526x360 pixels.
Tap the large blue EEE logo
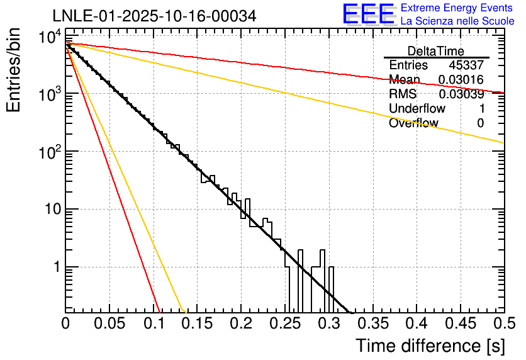pos(368,14)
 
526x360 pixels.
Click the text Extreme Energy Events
pos(457,8)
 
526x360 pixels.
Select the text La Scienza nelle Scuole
pos(457,21)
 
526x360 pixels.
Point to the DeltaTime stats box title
pos(436,51)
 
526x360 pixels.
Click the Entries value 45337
pos(466,65)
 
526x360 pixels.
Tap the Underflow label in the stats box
pos(417,109)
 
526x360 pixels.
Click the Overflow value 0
pos(480,123)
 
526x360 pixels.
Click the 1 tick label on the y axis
pos(55,267)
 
